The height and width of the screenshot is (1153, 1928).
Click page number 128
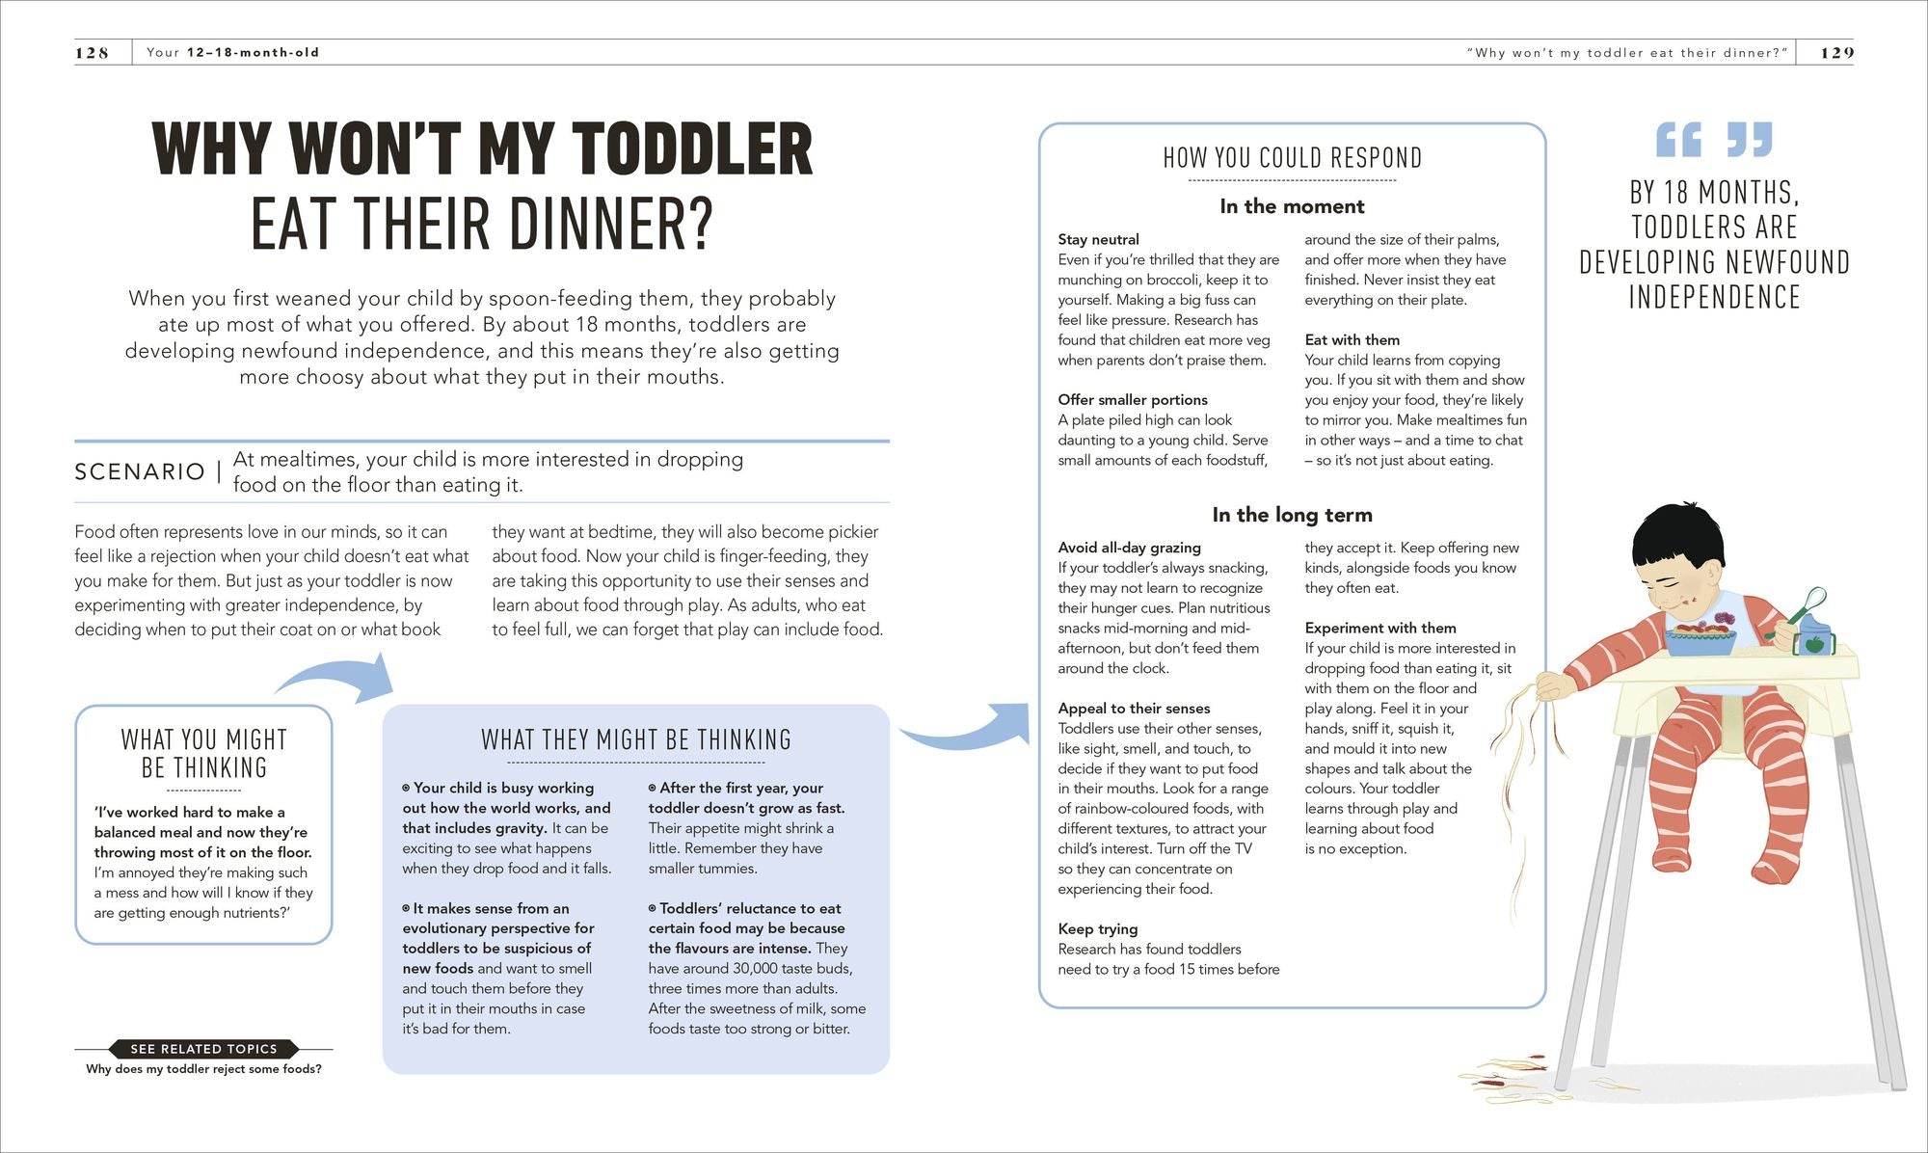point(92,53)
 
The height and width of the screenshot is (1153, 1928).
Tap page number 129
point(1836,53)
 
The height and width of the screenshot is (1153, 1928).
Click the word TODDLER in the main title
point(693,149)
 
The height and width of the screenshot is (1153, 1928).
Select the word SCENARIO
point(140,471)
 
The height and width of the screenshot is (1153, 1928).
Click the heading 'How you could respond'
point(1292,158)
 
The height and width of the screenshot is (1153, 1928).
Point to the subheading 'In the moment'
point(1292,206)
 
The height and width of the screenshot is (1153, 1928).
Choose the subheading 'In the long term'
point(1292,515)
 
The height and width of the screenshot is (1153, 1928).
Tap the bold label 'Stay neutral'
point(1098,239)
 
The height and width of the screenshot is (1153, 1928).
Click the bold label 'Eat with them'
point(1352,339)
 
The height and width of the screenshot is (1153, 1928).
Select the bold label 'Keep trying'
point(1097,928)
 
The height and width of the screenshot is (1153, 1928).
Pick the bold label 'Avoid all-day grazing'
point(1129,548)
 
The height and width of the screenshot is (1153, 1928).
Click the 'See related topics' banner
point(203,1049)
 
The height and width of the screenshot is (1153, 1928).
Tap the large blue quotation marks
point(1714,140)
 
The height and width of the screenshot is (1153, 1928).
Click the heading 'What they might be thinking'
point(636,740)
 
